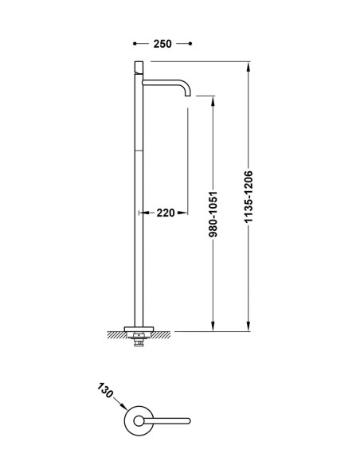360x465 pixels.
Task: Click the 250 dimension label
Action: click(162, 44)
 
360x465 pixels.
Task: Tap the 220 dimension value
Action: click(166, 213)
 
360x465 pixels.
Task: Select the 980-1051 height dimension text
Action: click(213, 214)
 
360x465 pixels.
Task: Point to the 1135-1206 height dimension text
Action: click(248, 197)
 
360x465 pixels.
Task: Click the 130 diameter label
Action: click(105, 391)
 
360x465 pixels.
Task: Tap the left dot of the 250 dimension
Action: click(135, 44)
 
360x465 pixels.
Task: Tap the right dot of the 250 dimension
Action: click(190, 44)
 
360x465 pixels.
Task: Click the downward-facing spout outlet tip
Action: click(188, 96)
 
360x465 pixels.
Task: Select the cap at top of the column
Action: click(139, 67)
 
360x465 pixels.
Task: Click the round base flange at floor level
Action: click(139, 329)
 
